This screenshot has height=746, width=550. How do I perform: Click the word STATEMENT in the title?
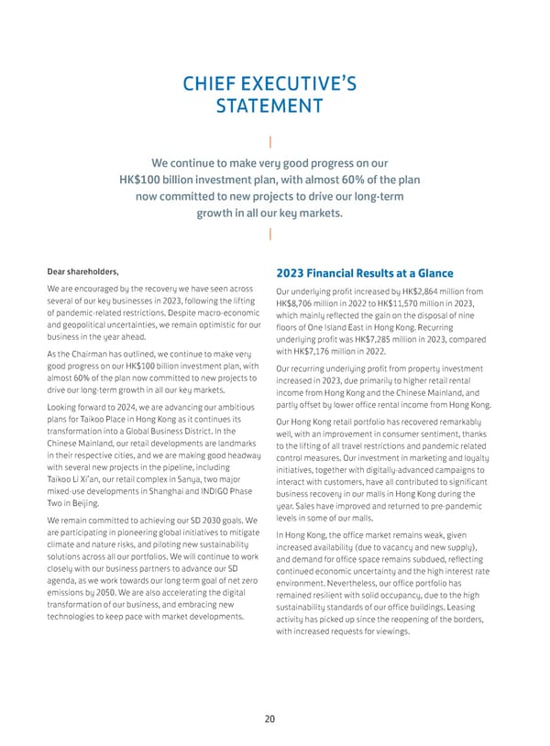(269, 106)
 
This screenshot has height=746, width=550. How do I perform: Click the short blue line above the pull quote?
(270, 143)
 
